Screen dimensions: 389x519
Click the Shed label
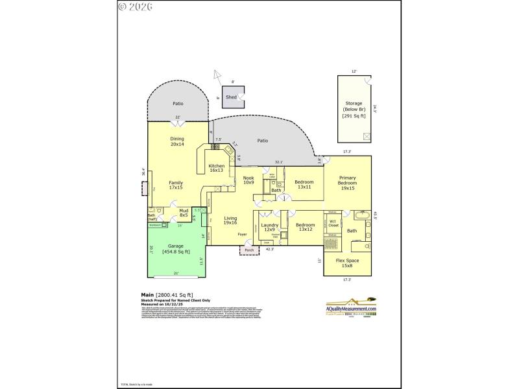coord(231,97)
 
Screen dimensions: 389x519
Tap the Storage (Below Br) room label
coord(354,109)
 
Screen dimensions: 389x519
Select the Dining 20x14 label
coord(177,141)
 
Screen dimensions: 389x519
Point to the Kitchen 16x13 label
coord(217,169)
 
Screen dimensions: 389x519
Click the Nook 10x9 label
coord(248,180)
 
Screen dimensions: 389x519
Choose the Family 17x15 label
coord(176,185)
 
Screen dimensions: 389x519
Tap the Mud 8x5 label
coord(185,213)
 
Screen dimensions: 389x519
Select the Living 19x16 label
coord(230,222)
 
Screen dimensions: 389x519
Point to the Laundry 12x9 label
coord(269,227)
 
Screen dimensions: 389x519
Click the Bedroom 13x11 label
coord(304,185)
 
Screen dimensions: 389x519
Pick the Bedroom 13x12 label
coord(305,227)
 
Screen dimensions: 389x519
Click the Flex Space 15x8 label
coord(348,263)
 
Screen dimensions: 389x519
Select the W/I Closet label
coord(332,224)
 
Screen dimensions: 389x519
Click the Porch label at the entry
coord(249,250)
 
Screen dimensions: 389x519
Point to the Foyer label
coord(243,235)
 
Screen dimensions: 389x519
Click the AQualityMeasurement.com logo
coord(351,305)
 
